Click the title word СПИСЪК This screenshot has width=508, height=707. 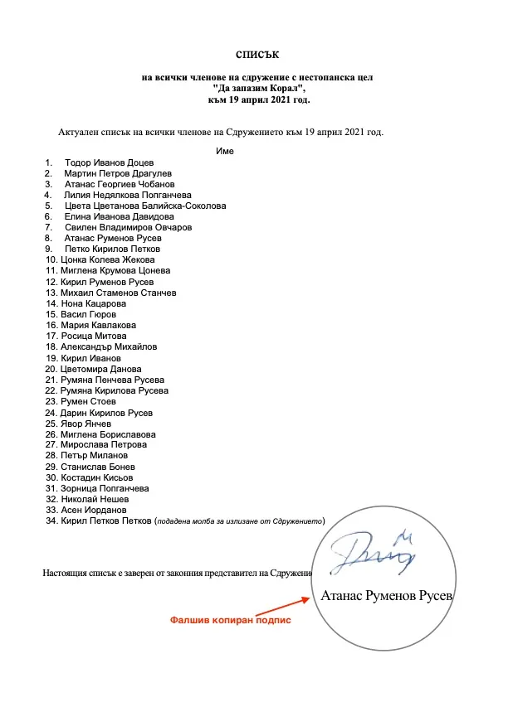pyautogui.click(x=253, y=56)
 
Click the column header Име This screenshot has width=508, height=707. pyautogui.click(x=224, y=151)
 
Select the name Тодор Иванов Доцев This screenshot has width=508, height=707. pyautogui.click(x=109, y=162)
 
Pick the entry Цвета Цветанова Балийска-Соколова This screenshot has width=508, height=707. pyautogui.click(x=145, y=206)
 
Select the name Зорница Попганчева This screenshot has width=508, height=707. pyautogui.click(x=105, y=488)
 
